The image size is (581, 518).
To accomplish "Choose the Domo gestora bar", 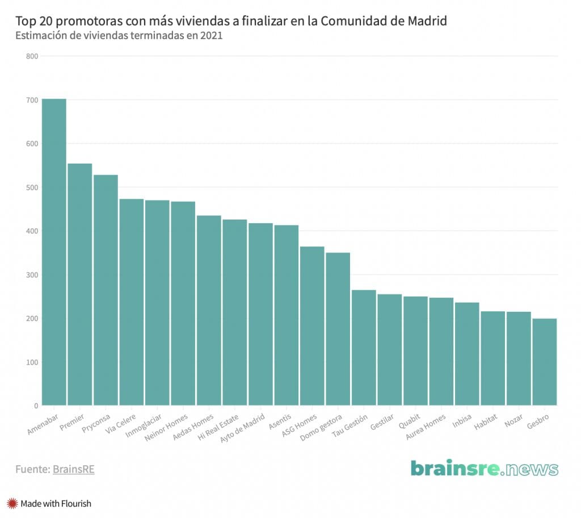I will point(338,329).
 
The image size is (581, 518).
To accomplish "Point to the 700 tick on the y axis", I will point(32,100).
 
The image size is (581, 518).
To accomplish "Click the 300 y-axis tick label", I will point(32,275).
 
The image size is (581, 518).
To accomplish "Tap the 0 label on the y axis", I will point(36,406).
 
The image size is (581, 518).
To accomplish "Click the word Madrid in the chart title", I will point(427,21).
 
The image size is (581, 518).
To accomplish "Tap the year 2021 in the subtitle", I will point(210,36).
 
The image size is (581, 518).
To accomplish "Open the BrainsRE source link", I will point(73,469).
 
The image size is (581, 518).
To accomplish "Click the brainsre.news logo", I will point(485,469).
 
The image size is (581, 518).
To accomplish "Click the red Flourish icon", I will point(12,503).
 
